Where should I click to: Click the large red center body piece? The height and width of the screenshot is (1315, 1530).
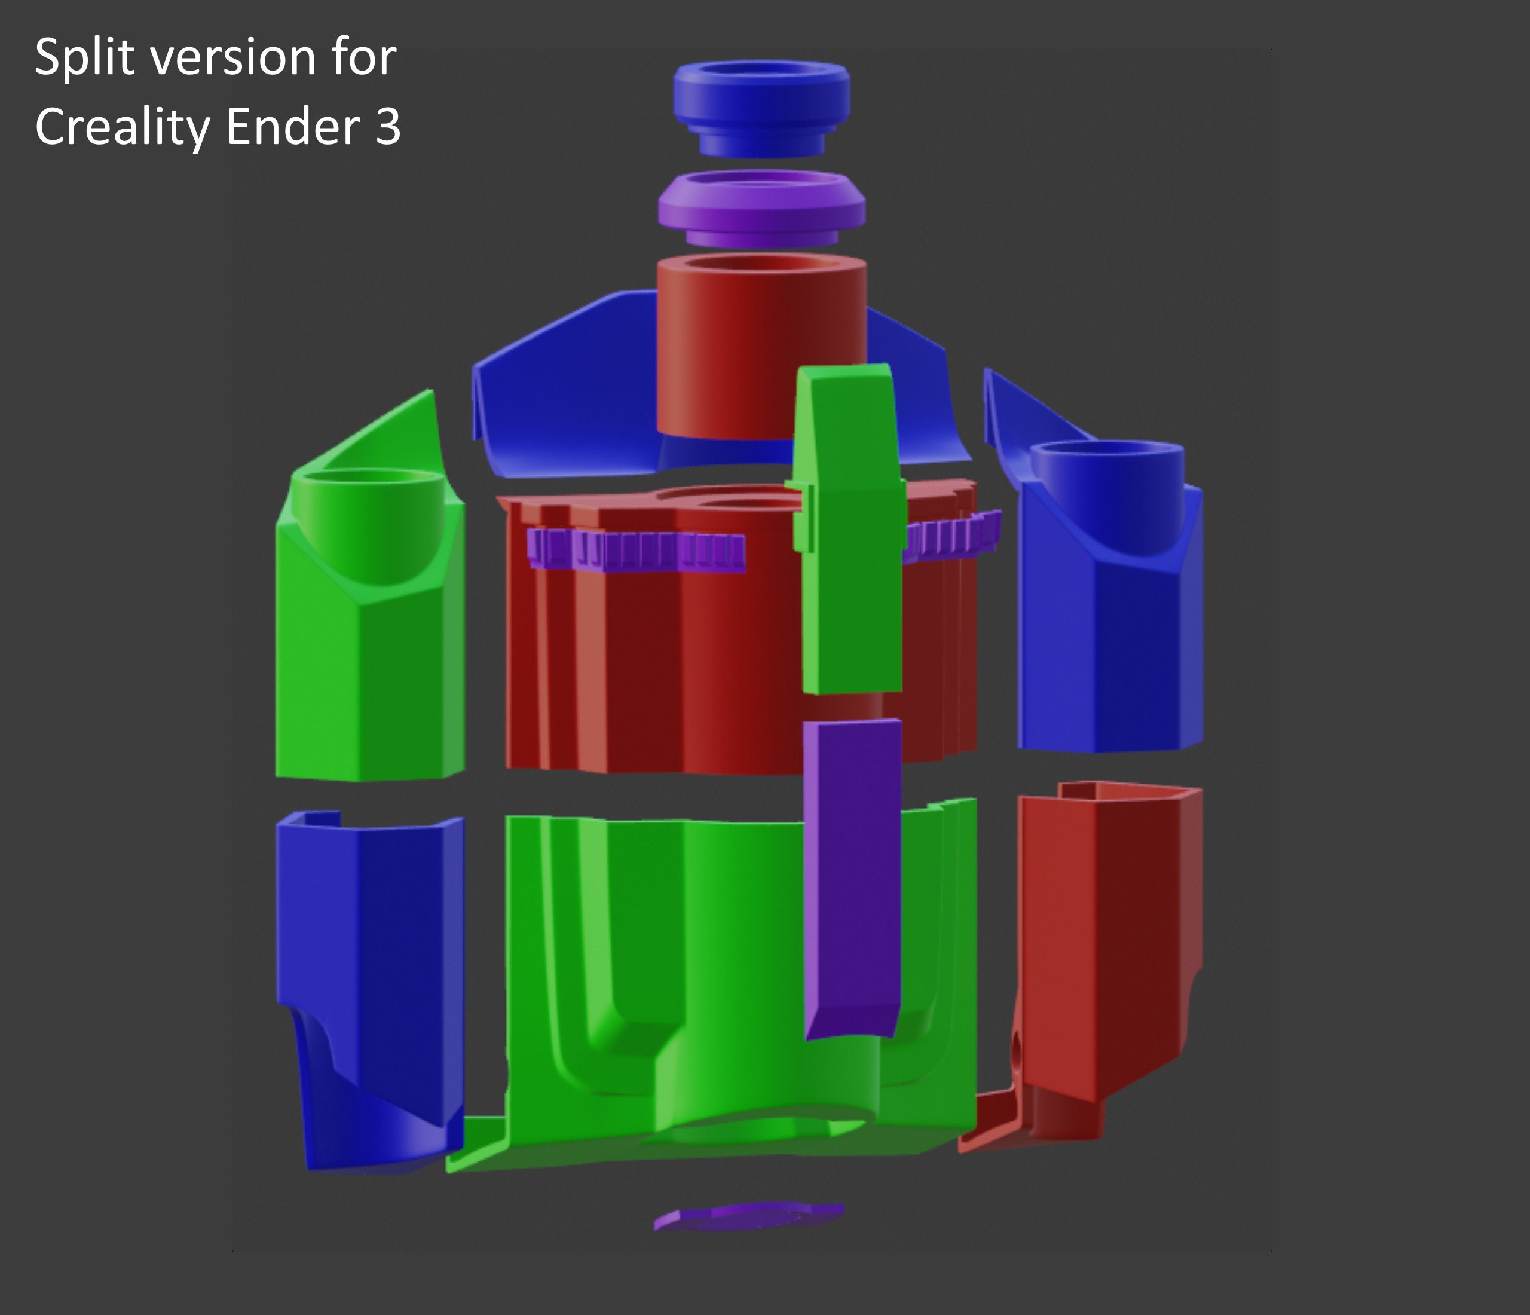point(665,665)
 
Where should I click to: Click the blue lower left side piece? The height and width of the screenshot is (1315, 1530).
point(369,960)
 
